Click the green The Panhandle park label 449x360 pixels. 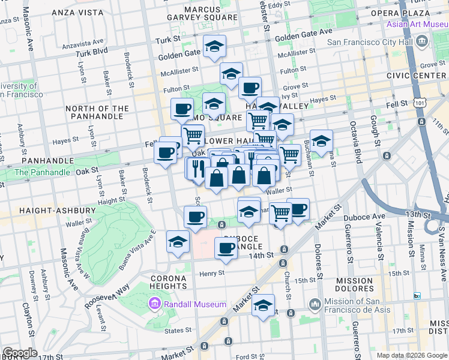pyautogui.click(x=42, y=172)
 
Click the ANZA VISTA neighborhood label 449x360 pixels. pyautogui.click(x=77, y=12)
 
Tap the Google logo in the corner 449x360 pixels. pyautogui.click(x=20, y=353)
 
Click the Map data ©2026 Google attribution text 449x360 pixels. pyautogui.click(x=411, y=355)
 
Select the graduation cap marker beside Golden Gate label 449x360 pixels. pyautogui.click(x=214, y=46)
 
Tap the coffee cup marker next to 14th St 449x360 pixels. pyautogui.click(x=226, y=247)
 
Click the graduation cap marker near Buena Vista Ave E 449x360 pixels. pyautogui.click(x=178, y=241)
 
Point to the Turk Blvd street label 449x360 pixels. pyautogui.click(x=91, y=52)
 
